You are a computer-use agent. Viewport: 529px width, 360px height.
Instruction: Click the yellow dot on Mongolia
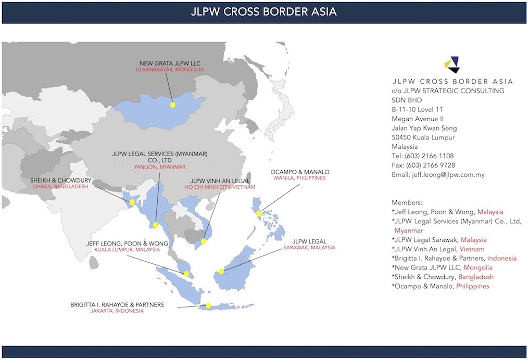click(173, 105)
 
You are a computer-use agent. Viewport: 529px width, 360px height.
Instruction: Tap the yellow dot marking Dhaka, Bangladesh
click(132, 202)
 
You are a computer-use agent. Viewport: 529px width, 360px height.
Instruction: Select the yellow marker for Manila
click(259, 213)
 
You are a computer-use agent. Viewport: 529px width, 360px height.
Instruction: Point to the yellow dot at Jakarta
click(209, 306)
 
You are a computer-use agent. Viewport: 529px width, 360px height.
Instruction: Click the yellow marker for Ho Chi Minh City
click(204, 241)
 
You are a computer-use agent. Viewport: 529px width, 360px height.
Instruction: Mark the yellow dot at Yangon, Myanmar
click(156, 225)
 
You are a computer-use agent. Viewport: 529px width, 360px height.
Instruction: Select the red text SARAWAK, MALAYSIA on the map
click(309, 248)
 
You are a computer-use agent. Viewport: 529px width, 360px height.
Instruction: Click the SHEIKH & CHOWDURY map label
click(61, 181)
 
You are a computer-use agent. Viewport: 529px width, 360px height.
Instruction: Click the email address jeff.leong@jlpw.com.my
click(438, 175)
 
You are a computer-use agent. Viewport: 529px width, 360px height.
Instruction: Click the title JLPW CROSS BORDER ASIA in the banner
click(264, 11)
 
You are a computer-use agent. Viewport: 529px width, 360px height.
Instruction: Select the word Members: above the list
click(407, 202)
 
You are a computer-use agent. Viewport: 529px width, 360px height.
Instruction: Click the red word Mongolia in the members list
click(478, 267)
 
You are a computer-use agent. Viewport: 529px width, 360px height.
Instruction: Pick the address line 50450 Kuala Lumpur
click(423, 137)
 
